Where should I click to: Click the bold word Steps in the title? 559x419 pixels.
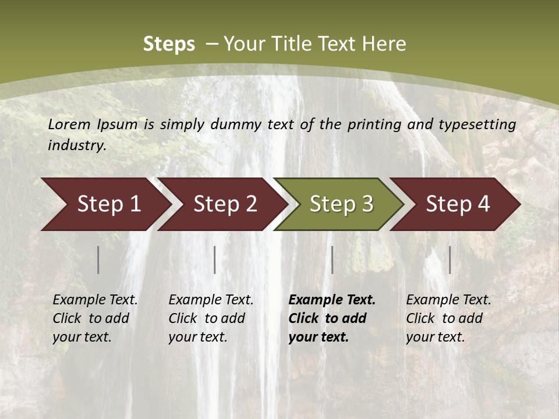click(169, 44)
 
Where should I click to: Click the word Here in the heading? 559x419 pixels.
click(384, 44)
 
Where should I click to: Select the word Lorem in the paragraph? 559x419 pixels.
click(69, 124)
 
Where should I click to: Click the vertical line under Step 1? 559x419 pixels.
click(98, 260)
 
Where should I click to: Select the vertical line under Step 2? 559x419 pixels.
click(215, 260)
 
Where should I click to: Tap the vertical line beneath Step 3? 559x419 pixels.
click(332, 260)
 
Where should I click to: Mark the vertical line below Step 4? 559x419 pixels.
click(450, 260)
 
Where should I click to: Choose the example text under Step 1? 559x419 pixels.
click(95, 318)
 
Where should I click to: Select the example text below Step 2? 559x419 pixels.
click(211, 318)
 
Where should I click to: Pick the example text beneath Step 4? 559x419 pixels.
click(448, 318)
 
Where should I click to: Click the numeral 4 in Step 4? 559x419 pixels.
click(483, 204)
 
